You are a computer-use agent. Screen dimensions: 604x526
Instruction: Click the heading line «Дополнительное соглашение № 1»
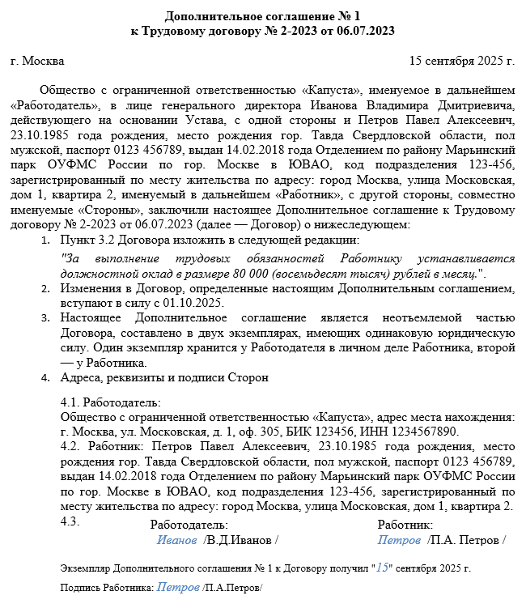[263, 16]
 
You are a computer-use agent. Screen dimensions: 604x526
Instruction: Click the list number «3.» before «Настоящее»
[46, 318]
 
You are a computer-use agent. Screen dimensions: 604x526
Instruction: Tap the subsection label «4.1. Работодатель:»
[111, 402]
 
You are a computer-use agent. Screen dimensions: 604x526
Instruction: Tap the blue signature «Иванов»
[176, 539]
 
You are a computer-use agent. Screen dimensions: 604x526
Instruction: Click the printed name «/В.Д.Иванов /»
[240, 539]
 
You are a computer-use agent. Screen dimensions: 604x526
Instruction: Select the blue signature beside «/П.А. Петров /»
[399, 539]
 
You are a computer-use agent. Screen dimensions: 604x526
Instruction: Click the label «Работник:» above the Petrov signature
[406, 525]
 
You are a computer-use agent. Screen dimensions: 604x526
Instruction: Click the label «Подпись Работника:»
[107, 587]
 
